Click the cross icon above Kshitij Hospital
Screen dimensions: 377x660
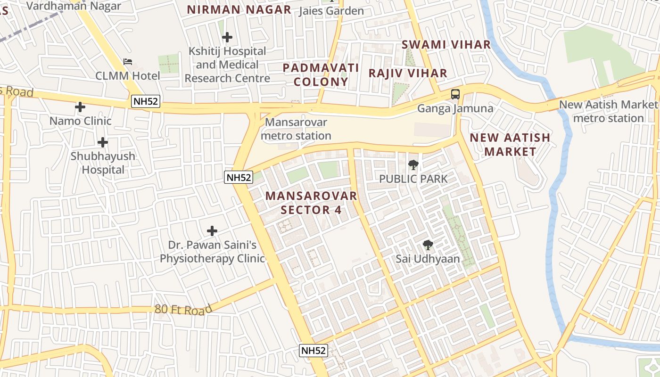coord(227,37)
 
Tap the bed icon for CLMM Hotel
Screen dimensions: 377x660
coord(128,62)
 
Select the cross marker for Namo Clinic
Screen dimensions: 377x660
coord(80,107)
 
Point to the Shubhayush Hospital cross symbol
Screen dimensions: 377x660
coord(102,142)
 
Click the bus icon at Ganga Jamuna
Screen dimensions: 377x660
coord(455,94)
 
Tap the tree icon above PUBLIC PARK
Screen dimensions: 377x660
coord(413,165)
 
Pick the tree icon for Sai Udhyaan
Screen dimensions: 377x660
coord(428,245)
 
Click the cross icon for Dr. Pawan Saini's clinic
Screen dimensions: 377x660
coord(212,231)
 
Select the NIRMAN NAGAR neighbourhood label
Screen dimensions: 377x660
coord(239,9)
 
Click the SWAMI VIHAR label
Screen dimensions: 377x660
coord(446,45)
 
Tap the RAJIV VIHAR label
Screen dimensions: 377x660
coord(408,73)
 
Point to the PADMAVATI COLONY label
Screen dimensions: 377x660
coord(321,74)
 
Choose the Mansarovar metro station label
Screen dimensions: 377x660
coord(296,129)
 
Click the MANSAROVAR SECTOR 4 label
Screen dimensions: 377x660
coord(311,203)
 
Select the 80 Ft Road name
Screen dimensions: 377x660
coord(183,310)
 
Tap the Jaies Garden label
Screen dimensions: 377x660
coord(331,10)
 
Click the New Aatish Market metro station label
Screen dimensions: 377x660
coord(608,111)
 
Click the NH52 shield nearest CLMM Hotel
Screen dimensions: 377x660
coord(146,101)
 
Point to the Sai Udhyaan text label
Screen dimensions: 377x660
coord(428,259)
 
